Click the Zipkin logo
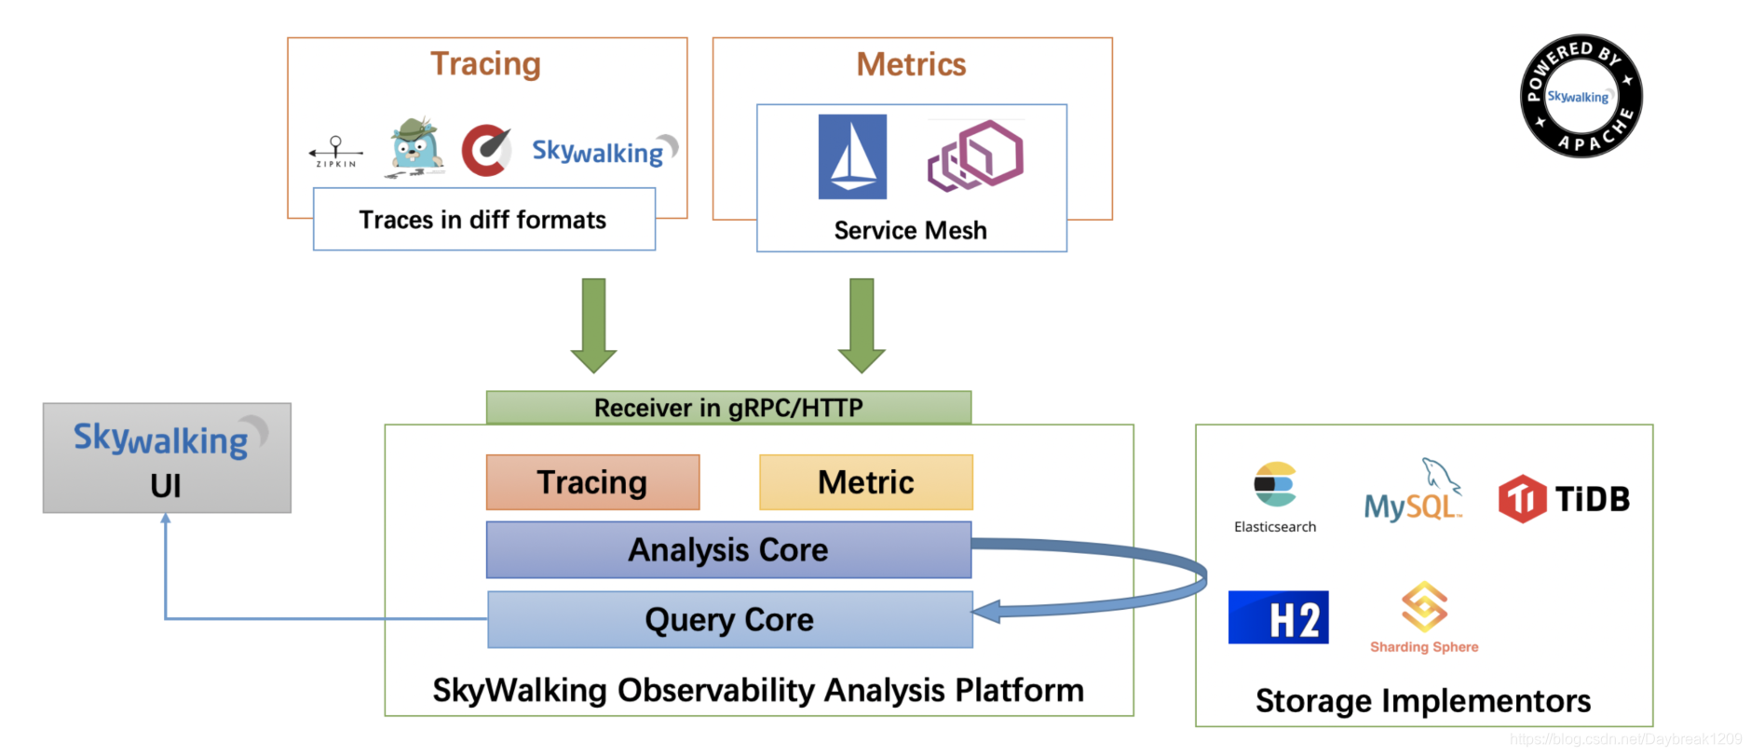[x=335, y=152]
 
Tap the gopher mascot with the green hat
[x=414, y=148]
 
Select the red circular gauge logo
[x=486, y=150]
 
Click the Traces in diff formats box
[x=483, y=220]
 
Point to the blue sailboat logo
[x=852, y=156]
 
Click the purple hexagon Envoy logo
[x=975, y=155]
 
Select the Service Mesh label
[x=910, y=230]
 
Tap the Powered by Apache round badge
[x=1581, y=97]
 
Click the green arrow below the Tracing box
[x=593, y=325]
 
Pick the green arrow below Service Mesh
[x=862, y=325]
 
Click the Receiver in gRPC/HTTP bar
[x=728, y=408]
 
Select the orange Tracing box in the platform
[x=592, y=482]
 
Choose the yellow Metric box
[x=865, y=482]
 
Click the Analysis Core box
[x=728, y=549]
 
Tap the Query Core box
[x=729, y=619]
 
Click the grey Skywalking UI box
[x=167, y=458]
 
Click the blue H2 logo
[x=1278, y=617]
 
